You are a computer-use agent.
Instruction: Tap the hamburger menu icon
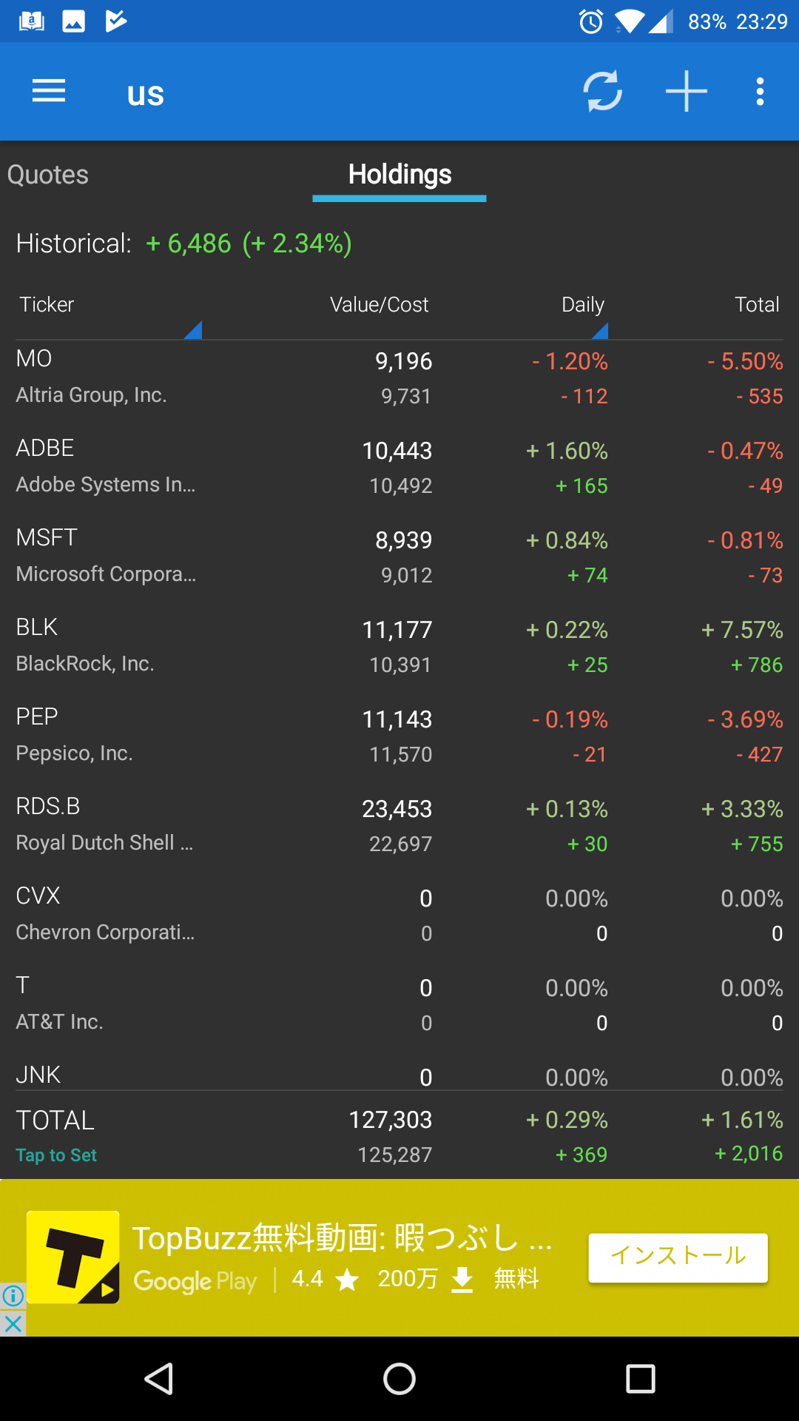pos(49,92)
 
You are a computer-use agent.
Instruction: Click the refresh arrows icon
pos(602,92)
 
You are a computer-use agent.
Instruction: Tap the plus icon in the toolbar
pos(686,92)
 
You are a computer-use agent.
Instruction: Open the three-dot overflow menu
pos(760,92)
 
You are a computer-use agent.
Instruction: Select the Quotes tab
pos(48,175)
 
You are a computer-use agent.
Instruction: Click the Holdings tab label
pos(399,175)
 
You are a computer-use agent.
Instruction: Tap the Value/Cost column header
pos(379,304)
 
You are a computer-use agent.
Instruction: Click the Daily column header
pos(583,304)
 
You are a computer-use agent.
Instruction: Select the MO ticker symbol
pos(34,359)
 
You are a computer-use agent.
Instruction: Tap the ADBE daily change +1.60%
pos(567,451)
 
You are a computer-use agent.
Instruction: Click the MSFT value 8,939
pos(403,540)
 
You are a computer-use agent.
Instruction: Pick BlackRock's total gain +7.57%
pos(742,630)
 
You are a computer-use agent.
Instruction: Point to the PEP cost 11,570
pos(400,754)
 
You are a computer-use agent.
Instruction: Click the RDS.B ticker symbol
pos(48,806)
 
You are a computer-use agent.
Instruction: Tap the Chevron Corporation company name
pos(105,932)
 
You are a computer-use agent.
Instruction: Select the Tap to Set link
pos(56,1155)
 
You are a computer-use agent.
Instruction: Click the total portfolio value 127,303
pos(390,1120)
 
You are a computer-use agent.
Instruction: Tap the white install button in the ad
pos(678,1257)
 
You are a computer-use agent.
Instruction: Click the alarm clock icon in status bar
pos(591,21)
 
